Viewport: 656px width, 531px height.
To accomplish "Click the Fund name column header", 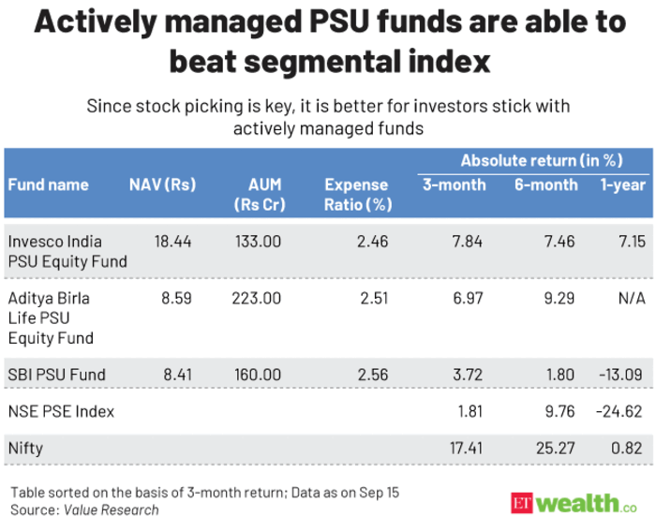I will pyautogui.click(x=48, y=184).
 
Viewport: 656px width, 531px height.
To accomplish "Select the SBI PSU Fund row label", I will pyautogui.click(x=56, y=375).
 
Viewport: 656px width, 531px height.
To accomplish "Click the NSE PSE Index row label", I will pyautogui.click(x=61, y=411).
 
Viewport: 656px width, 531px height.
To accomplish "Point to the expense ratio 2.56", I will pyautogui.click(x=372, y=375).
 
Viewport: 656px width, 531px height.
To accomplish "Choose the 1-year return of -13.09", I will pyautogui.click(x=621, y=375).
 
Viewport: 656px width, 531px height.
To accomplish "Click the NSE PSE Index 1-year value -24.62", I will pyautogui.click(x=620, y=411).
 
